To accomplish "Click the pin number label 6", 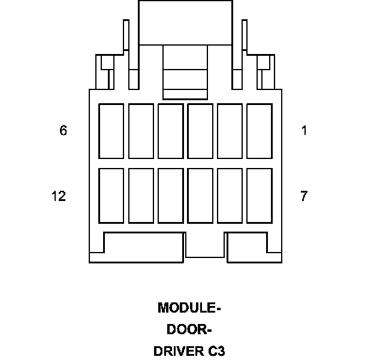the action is tap(63, 130).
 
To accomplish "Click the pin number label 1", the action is tap(304, 130).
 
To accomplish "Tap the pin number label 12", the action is tap(59, 196).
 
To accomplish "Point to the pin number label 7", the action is tap(304, 196).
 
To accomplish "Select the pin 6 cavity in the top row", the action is tap(111, 131).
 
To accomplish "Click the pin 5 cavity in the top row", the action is tap(141, 131).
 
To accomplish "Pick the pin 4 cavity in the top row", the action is tap(171, 131).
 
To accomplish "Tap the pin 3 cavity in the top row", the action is tap(200, 131).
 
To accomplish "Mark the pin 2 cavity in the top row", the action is tap(230, 131).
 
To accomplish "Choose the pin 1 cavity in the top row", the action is tap(260, 131).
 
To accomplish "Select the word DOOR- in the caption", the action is tap(189, 329).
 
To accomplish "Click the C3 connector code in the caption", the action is tap(217, 351).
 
